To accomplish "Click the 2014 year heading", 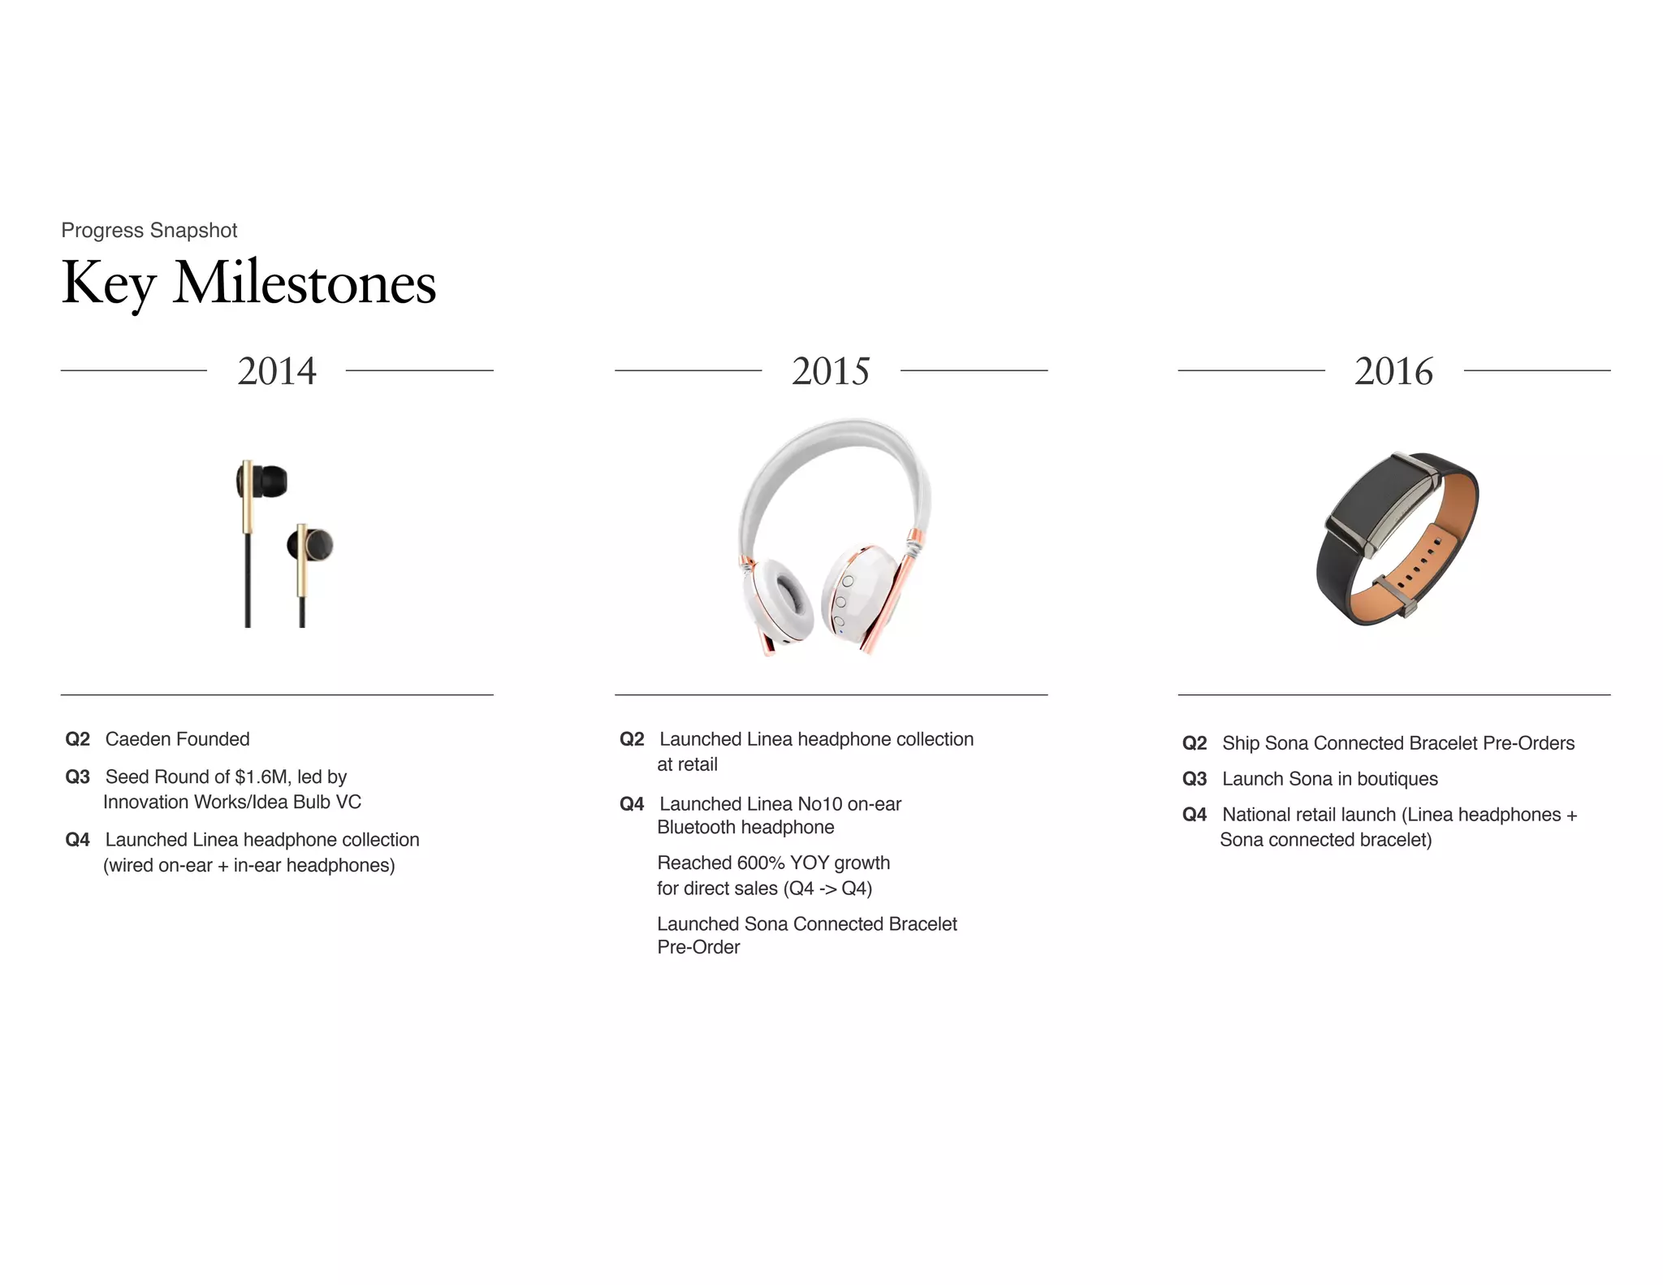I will tap(277, 371).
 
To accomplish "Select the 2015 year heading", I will tap(831, 371).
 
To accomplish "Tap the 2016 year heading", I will tap(1393, 371).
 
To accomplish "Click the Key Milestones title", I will tap(248, 283).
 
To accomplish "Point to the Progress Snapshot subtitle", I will tap(149, 231).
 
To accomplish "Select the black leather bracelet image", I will tap(1397, 539).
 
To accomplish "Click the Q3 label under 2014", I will tap(77, 777).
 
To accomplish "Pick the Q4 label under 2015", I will tap(632, 804).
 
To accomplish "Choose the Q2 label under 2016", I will tap(1194, 743).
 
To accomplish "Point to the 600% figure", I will tap(761, 863).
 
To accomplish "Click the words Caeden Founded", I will tap(177, 739).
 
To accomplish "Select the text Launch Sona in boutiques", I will tap(1329, 779).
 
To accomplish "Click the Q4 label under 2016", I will tap(1194, 815).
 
